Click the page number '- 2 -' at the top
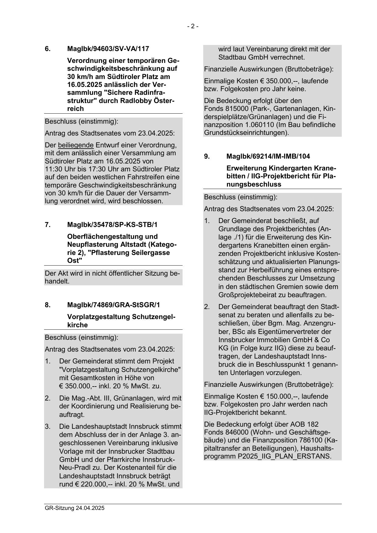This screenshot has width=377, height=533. click(x=193, y=26)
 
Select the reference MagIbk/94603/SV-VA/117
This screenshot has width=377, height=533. click(x=108, y=49)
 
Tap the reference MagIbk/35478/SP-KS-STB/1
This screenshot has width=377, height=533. click(x=112, y=225)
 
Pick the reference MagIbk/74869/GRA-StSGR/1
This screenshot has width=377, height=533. click(x=113, y=305)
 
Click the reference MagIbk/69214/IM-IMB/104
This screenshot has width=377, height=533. click(x=268, y=156)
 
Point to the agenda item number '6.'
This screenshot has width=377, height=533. click(x=48, y=49)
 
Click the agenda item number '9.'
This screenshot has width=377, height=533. click(x=207, y=156)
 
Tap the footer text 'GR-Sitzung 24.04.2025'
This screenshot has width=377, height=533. click(x=74, y=508)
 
